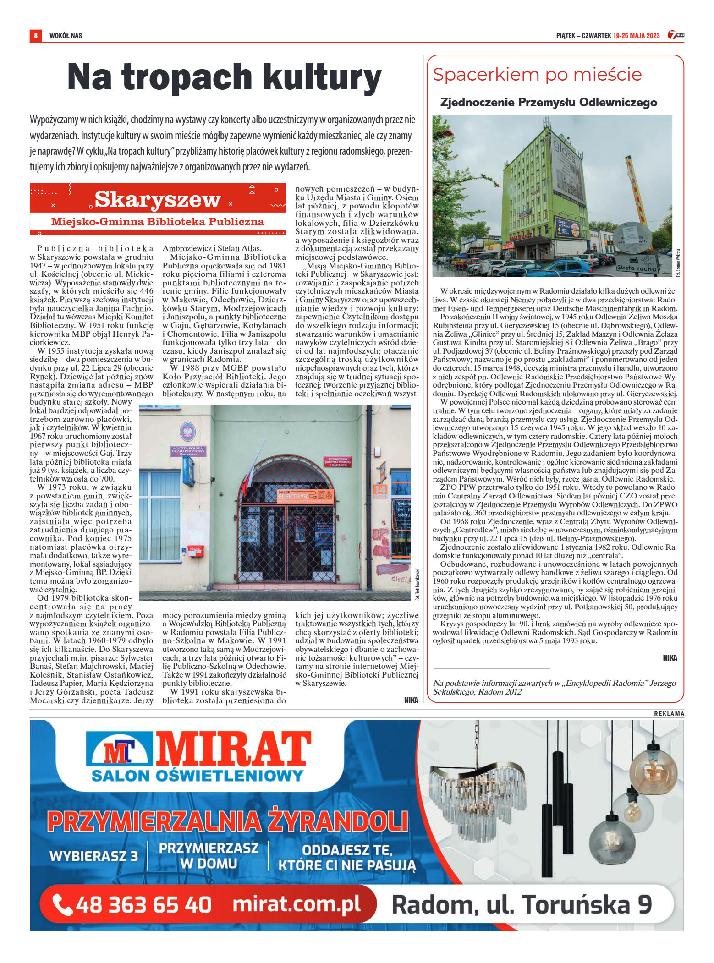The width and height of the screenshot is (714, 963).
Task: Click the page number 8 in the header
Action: pos(35,35)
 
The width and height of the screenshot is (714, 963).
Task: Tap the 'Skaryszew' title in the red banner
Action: pos(158,199)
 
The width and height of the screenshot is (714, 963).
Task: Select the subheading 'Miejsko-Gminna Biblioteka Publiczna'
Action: pos(158,222)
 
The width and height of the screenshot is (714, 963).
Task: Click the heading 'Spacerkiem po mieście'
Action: pos(537,75)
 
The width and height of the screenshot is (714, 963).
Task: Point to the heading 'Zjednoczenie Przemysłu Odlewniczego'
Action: pos(549,102)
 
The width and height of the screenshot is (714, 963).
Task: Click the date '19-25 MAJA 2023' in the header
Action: pos(636,36)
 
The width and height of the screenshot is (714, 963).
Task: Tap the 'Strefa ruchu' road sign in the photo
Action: pos(637,268)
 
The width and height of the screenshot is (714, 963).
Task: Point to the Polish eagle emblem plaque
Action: pos(188,432)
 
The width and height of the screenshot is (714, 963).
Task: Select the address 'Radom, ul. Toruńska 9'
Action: pos(521,904)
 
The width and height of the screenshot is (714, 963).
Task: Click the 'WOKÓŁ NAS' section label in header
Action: pos(66,36)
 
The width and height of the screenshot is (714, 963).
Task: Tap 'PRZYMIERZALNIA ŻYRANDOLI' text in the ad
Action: pos(227,821)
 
